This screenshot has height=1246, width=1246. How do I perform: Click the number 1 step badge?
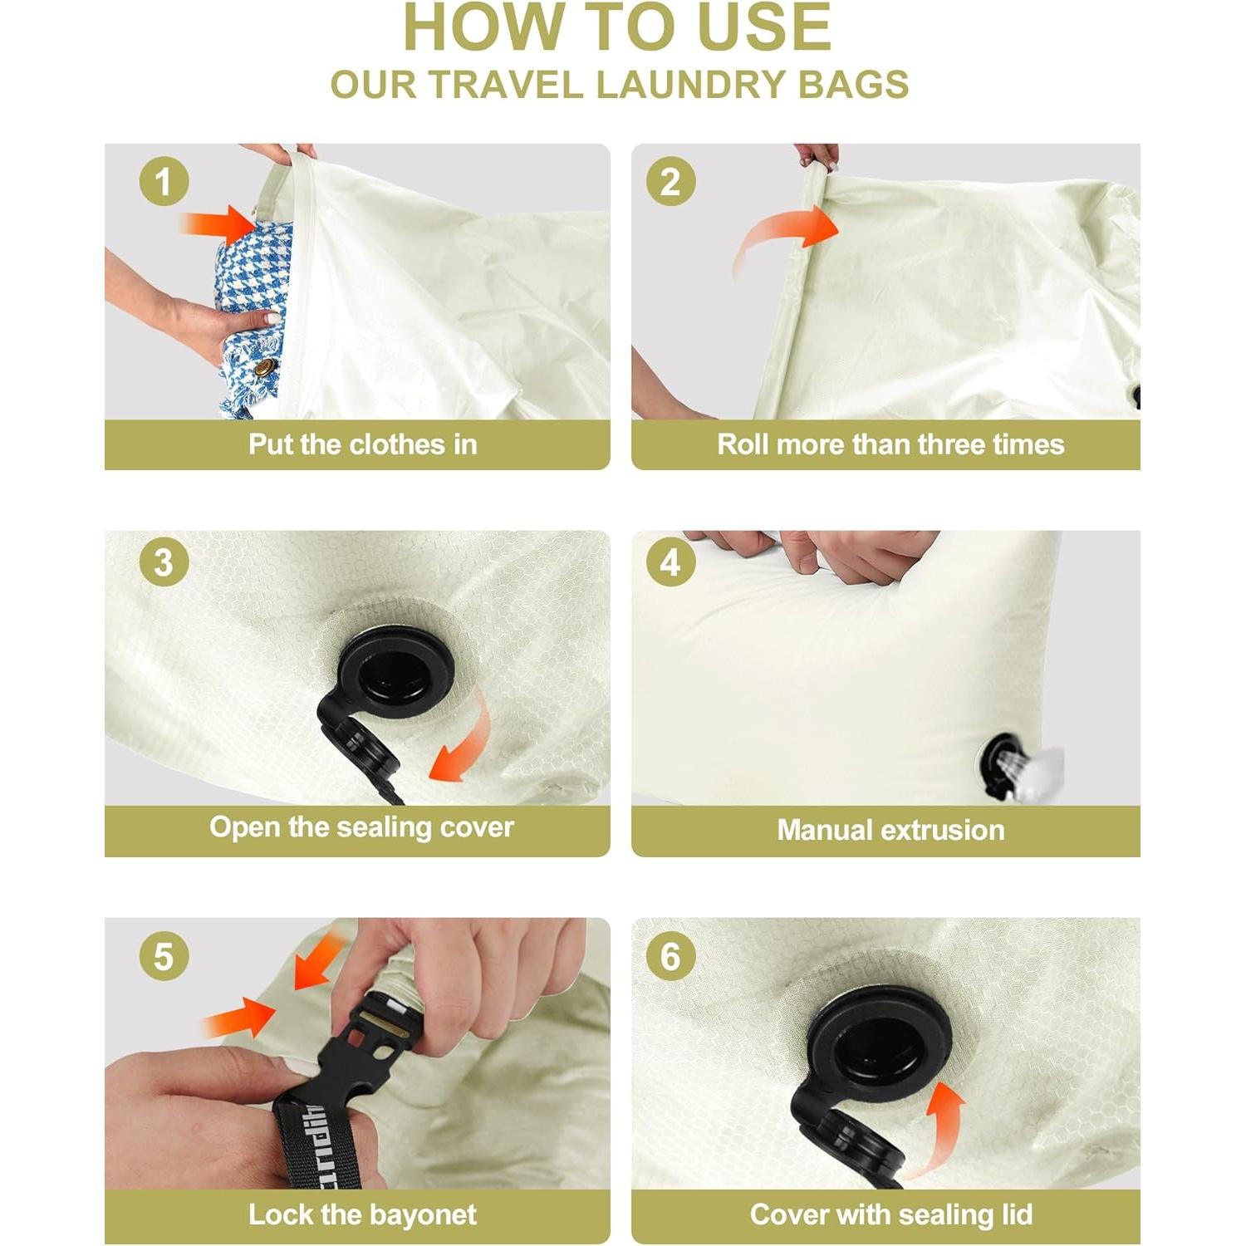164,182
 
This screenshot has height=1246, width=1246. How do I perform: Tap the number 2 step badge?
671,182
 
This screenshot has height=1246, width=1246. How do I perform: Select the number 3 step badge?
164,562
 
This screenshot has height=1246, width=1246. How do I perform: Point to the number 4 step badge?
671,562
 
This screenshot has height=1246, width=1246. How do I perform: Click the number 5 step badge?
164,956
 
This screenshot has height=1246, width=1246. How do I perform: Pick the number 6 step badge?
671,956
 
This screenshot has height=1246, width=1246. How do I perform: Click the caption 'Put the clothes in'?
363,444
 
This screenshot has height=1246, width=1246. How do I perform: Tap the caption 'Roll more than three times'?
890,444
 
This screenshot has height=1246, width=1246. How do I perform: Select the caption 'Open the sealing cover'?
361,827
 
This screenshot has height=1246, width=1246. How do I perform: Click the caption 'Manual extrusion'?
890,830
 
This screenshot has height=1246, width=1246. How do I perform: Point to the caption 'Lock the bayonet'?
362,1214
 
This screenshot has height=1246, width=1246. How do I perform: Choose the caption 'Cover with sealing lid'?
891,1214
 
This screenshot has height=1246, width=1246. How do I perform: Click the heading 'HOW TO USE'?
617,27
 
